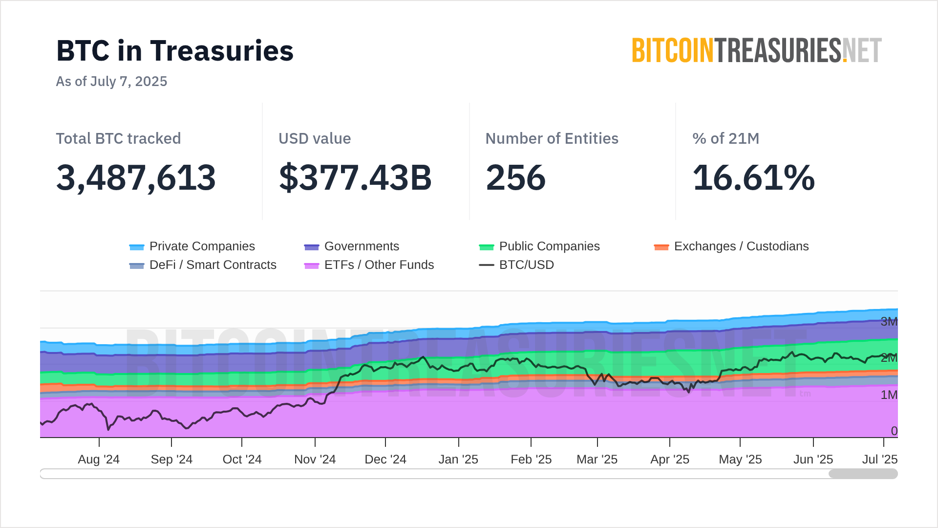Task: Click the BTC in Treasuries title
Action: click(175, 51)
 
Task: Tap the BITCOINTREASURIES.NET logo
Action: click(756, 51)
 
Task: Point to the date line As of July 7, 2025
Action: click(111, 81)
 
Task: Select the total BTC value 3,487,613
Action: click(136, 177)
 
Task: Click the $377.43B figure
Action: click(355, 177)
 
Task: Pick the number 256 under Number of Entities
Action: click(515, 177)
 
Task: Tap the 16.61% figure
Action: click(753, 177)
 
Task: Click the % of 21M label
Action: click(725, 138)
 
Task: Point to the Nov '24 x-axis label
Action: click(315, 460)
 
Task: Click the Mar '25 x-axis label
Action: click(597, 460)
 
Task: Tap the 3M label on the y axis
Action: click(889, 322)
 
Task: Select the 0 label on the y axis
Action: click(894, 431)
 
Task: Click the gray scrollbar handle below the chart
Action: click(863, 474)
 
